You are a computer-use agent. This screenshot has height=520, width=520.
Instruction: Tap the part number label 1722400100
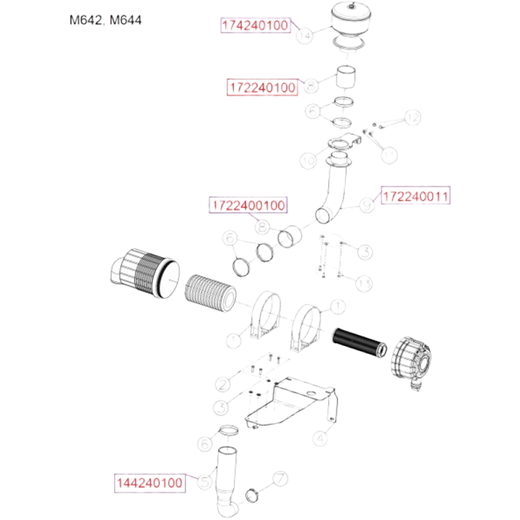pos(248,206)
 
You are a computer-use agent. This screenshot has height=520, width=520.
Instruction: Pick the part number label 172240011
pos(415,196)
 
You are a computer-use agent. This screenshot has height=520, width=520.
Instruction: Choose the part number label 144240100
pos(150,483)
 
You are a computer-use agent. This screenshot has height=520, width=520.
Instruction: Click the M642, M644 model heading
pos(106,20)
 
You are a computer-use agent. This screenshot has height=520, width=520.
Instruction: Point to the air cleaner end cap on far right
pos(411,359)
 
